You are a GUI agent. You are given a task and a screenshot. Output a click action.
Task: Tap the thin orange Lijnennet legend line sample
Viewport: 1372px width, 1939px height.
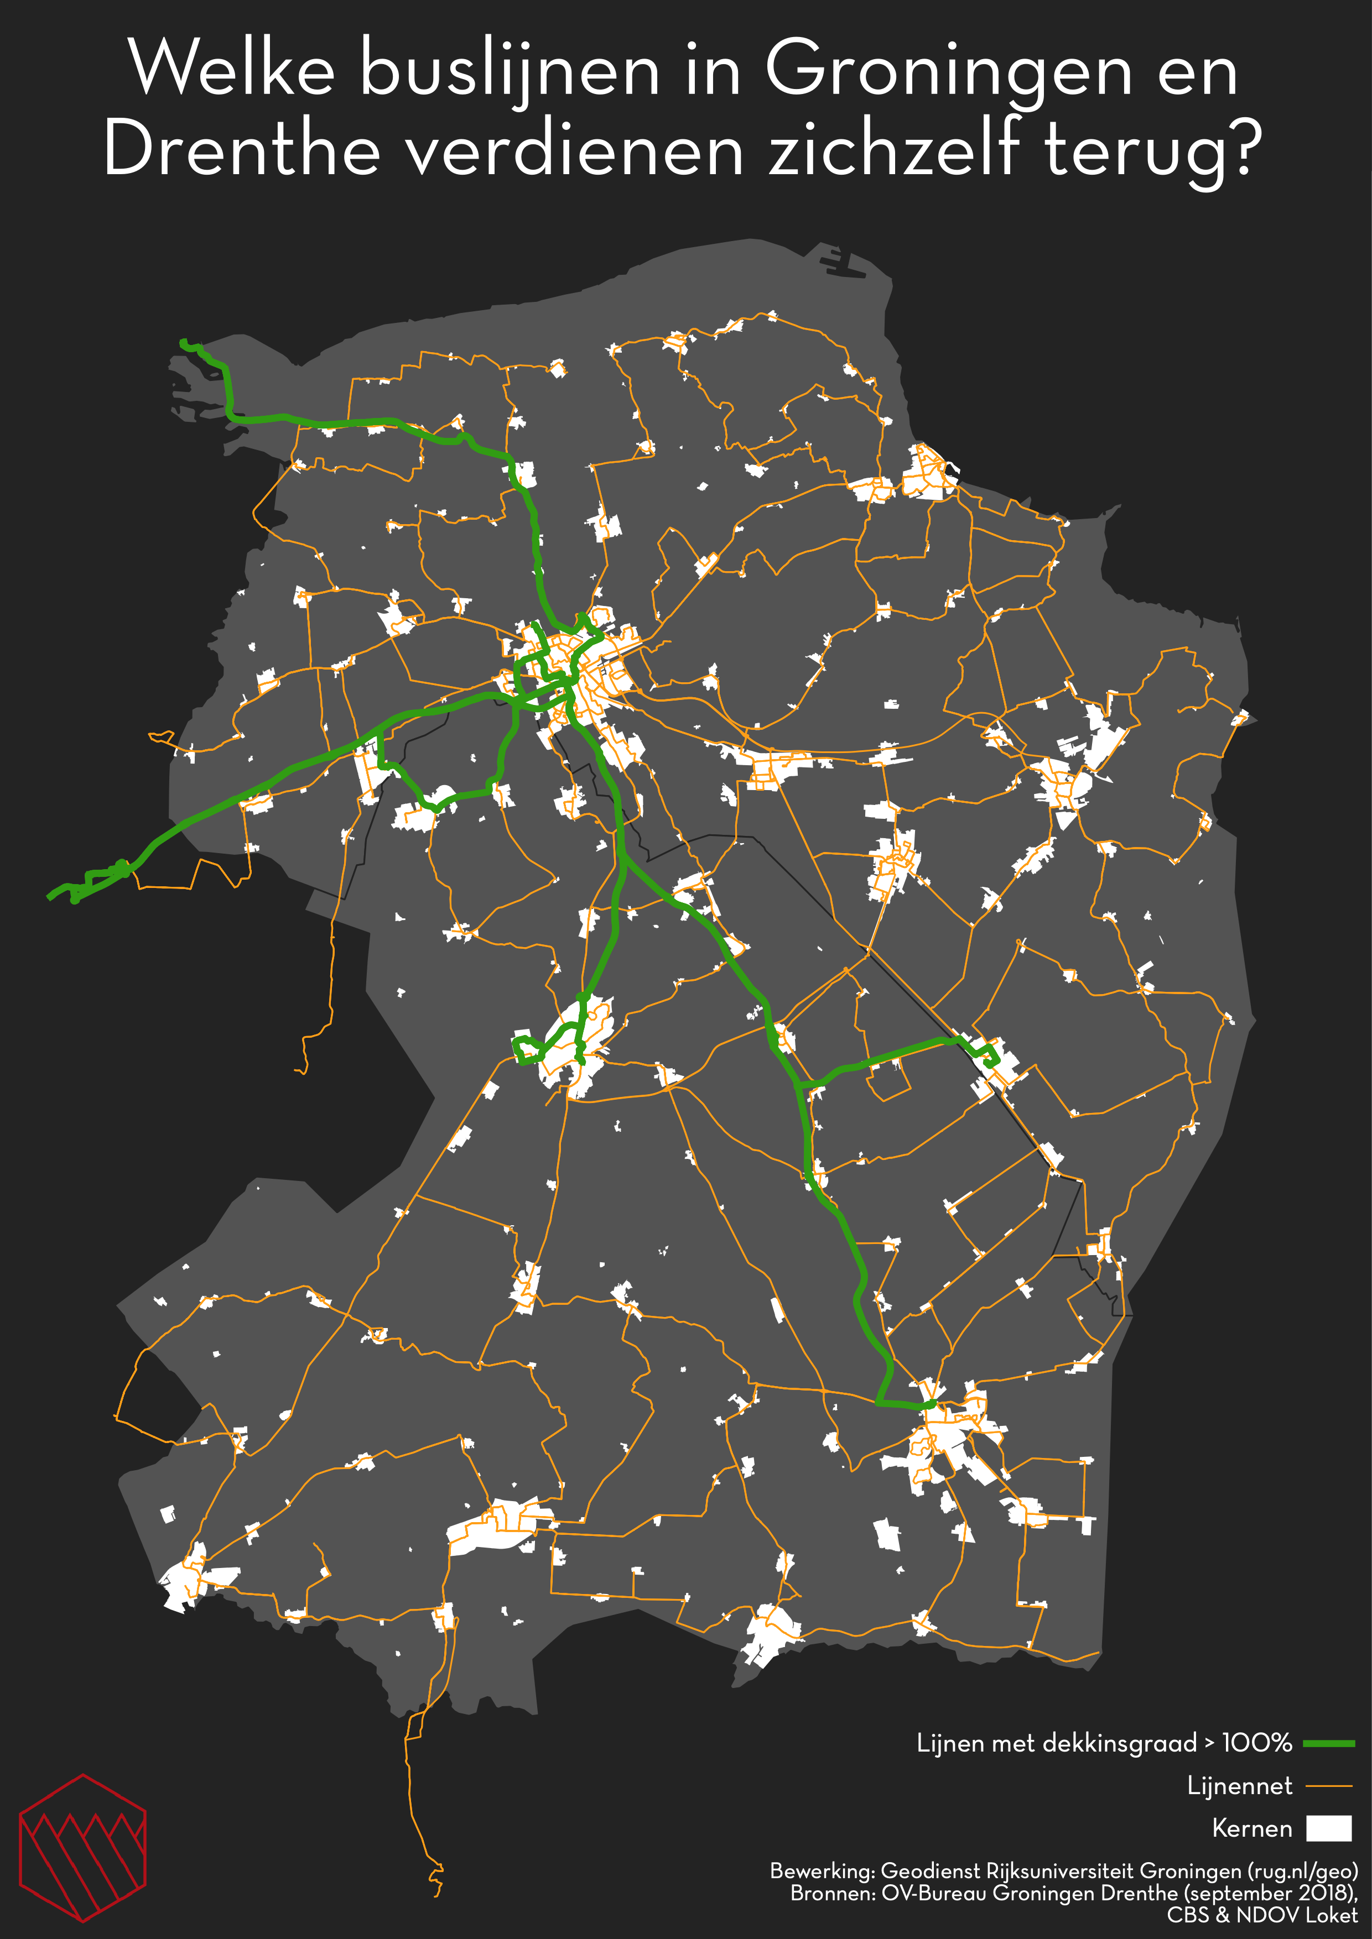pyautogui.click(x=1329, y=1786)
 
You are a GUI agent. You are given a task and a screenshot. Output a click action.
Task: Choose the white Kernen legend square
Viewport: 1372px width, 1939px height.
pyautogui.click(x=1329, y=1828)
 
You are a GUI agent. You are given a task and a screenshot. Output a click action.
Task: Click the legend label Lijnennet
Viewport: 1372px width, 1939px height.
pyautogui.click(x=1239, y=1786)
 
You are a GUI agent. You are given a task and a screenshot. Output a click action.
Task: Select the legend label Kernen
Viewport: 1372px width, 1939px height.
pyautogui.click(x=1252, y=1829)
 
